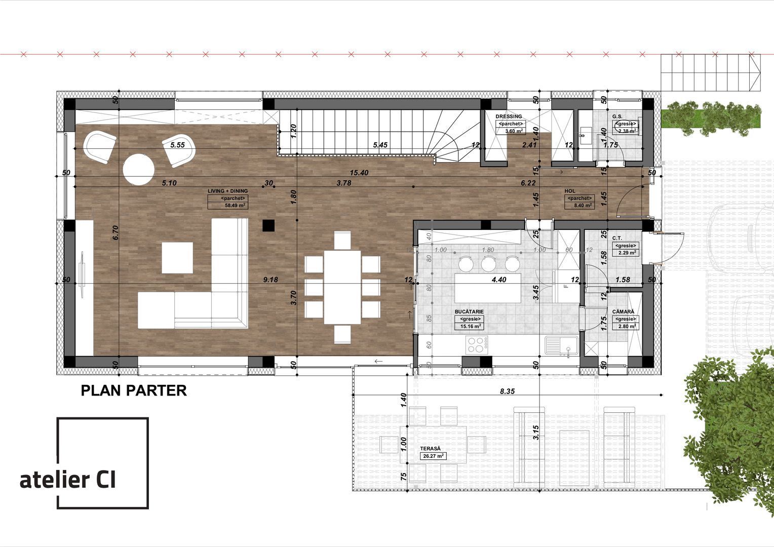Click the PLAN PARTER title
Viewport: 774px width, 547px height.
[x=134, y=390]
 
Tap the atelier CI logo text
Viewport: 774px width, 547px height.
[x=68, y=479]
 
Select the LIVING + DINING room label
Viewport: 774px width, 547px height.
[x=227, y=191]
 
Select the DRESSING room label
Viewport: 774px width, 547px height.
[x=508, y=116]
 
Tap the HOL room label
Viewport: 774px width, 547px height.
[x=570, y=191]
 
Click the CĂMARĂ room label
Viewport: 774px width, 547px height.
[x=623, y=311]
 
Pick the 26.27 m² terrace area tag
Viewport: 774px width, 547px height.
[x=433, y=456]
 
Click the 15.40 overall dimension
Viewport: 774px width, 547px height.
[x=358, y=173]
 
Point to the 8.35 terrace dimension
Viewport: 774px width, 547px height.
[x=507, y=391]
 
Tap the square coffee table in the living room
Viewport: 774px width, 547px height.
[x=177, y=258]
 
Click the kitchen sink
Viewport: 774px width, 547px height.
[x=561, y=345]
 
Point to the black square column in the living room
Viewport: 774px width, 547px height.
[x=267, y=225]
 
